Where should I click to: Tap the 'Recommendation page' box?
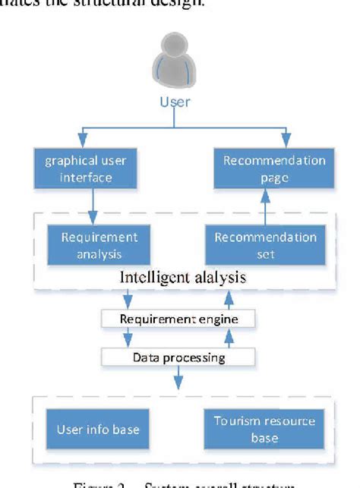click(x=274, y=168)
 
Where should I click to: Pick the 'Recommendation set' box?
click(x=265, y=245)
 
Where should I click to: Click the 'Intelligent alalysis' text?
click(x=183, y=277)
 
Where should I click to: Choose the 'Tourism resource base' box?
click(x=264, y=429)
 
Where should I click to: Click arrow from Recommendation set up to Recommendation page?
click(x=264, y=206)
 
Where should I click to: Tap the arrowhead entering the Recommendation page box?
click(x=286, y=143)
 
